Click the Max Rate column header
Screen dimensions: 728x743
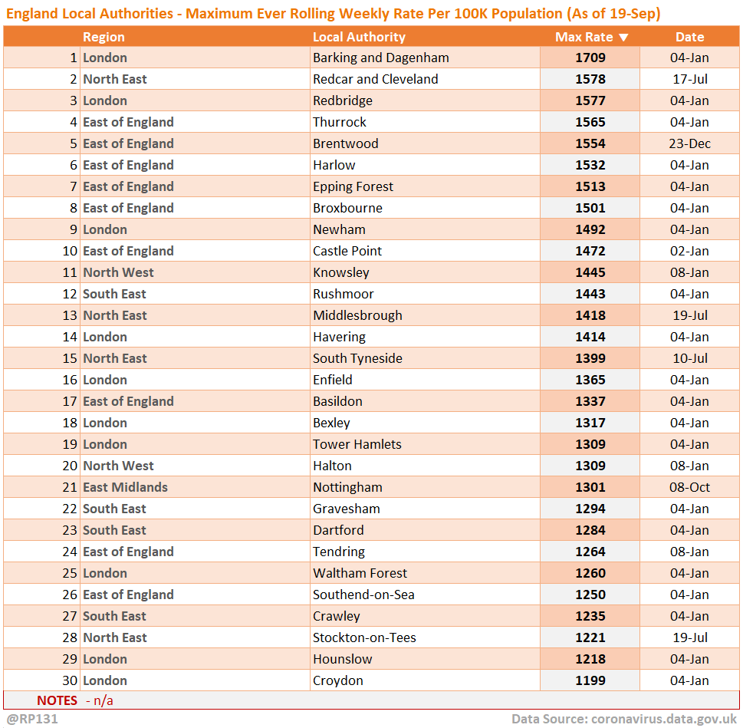[x=584, y=37]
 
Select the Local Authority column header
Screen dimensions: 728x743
[x=359, y=37]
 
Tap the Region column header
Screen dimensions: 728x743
[x=104, y=37]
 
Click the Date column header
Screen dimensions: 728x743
[x=689, y=37]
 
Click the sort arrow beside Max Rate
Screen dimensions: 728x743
[x=623, y=37]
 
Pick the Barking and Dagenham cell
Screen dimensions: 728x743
[x=381, y=58]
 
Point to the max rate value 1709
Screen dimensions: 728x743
[x=590, y=58]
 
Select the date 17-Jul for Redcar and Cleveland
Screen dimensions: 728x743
[x=689, y=79]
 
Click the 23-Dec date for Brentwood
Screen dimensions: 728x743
[x=689, y=143]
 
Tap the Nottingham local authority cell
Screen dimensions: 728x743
[x=347, y=487]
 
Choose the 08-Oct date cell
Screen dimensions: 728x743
[x=689, y=487]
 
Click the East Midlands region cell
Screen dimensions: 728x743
[x=125, y=487]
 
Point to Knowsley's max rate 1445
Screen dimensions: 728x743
[x=590, y=272]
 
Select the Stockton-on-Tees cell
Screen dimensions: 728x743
[x=363, y=637]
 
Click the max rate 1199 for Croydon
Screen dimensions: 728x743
[x=590, y=680]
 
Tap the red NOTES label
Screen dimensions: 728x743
[x=58, y=700]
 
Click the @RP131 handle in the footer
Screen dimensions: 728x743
[x=32, y=719]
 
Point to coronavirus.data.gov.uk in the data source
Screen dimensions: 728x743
[x=664, y=719]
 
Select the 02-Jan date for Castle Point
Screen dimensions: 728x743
[x=689, y=251]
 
